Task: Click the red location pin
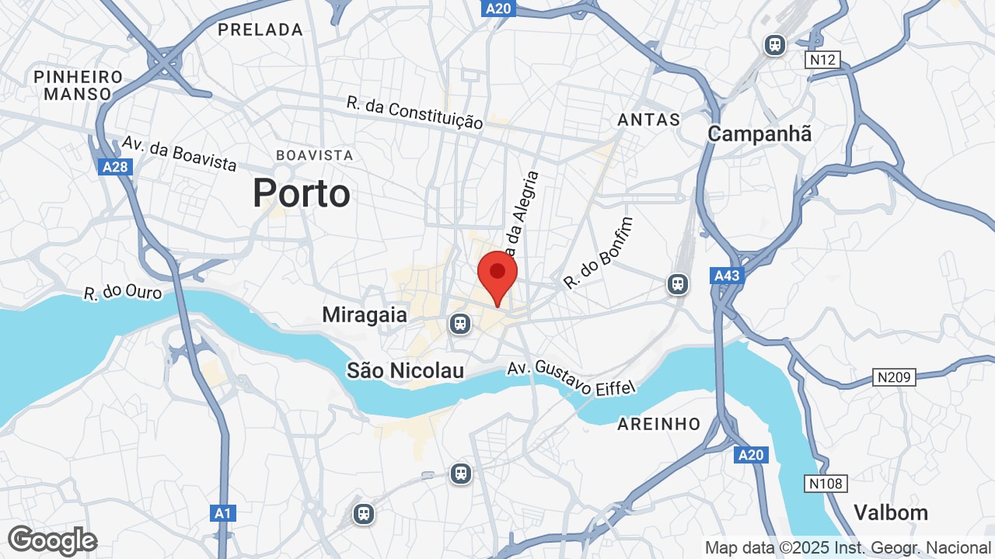tap(497, 276)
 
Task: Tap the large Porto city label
tap(301, 193)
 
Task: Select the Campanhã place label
tap(759, 134)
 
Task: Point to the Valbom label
tap(891, 512)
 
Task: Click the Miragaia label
tap(365, 314)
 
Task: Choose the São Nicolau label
tap(405, 370)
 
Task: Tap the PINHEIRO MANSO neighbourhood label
tap(78, 85)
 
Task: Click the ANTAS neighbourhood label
tap(648, 120)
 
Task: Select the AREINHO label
tap(659, 424)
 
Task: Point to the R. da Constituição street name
tap(415, 113)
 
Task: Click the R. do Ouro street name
tap(123, 292)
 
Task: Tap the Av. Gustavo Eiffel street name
tap(572, 377)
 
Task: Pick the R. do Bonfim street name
tap(599, 253)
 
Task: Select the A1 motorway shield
tap(223, 513)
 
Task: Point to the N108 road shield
tap(825, 484)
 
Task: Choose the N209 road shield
tap(894, 377)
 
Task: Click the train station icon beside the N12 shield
tap(774, 45)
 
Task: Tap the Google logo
tap(52, 540)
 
